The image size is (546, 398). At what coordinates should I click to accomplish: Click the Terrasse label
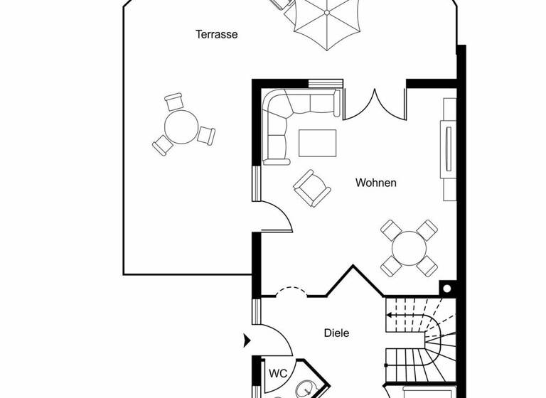pos(217,34)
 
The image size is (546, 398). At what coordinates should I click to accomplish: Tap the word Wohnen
pos(376,183)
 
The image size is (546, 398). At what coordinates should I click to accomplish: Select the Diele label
pos(337,332)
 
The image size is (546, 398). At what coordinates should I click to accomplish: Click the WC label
pos(277,372)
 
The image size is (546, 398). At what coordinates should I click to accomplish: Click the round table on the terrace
pos(181,127)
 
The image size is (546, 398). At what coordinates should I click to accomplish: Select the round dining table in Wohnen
pos(408,247)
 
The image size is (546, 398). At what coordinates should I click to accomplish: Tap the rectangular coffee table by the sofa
pos(318,142)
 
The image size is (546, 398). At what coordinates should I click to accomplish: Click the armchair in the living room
pos(312,188)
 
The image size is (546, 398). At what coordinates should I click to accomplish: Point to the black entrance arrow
pos(246,341)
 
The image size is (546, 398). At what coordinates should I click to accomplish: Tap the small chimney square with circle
pos(446,289)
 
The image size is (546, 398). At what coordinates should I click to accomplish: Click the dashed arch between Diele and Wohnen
pos(291,291)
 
